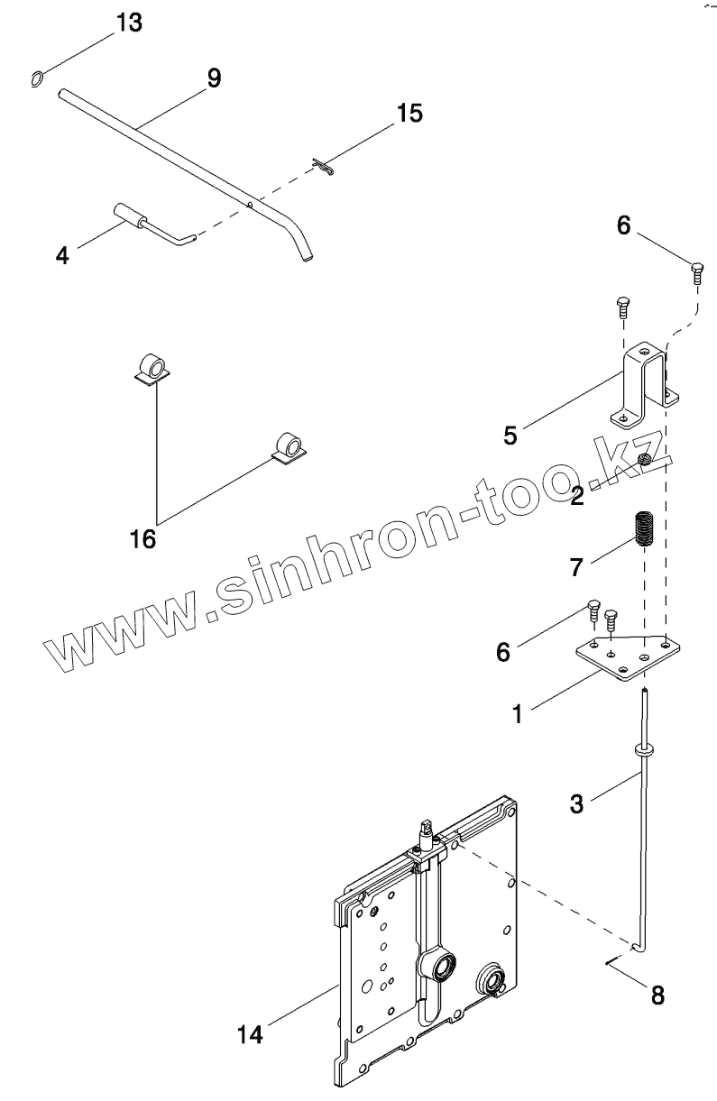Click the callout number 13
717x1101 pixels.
[129, 23]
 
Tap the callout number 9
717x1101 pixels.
[213, 78]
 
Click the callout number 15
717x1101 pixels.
[409, 114]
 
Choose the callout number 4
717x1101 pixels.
[61, 255]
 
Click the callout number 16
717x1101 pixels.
[142, 539]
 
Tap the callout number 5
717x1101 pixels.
[510, 436]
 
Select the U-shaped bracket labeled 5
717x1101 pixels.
[645, 382]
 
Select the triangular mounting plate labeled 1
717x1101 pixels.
[625, 656]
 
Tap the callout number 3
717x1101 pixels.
[576, 802]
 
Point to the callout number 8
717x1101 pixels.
[657, 995]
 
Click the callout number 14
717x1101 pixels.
[250, 1034]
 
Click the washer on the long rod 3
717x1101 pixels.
[643, 748]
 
